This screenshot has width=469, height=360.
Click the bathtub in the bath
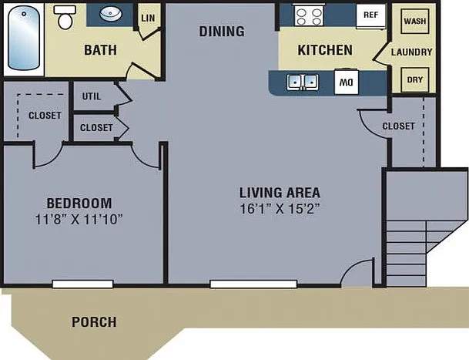(24, 38)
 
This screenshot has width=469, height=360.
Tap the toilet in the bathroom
(65, 17)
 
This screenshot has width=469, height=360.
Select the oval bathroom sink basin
(111, 15)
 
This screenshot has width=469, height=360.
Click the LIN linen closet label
(148, 18)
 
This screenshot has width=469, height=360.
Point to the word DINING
(222, 32)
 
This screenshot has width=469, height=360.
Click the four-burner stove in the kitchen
(309, 15)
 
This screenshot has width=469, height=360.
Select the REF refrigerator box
(371, 16)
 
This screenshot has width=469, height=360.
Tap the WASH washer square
(415, 21)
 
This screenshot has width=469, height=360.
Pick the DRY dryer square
(415, 79)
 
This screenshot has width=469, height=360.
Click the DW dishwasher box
(347, 82)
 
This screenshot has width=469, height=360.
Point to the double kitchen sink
(303, 82)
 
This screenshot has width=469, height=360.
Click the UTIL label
(92, 96)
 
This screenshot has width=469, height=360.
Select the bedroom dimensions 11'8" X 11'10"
(79, 219)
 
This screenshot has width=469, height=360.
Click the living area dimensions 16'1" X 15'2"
(280, 209)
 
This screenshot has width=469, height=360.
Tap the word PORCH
(94, 322)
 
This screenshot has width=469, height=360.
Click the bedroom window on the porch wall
(82, 284)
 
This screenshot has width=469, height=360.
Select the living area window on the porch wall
(253, 284)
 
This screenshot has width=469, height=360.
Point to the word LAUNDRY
(411, 52)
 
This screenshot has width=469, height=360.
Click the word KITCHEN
(325, 50)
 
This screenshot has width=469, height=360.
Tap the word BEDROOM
(79, 204)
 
